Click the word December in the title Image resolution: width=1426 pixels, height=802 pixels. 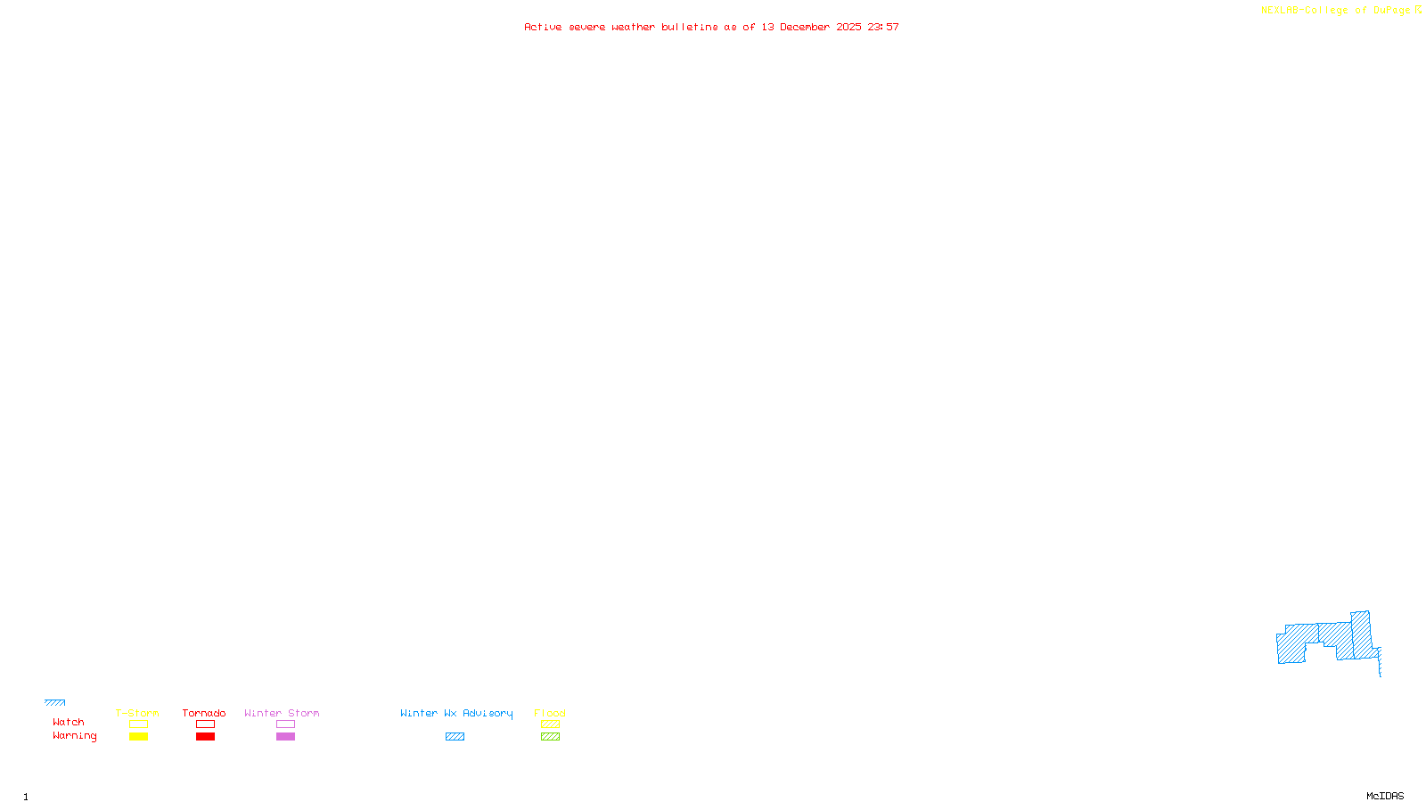click(x=805, y=28)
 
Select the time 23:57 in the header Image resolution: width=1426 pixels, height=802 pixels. click(x=883, y=28)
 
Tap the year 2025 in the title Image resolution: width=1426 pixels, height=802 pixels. click(x=848, y=28)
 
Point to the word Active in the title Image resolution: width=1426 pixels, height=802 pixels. click(x=543, y=28)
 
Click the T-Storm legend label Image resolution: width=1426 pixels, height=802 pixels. click(x=137, y=713)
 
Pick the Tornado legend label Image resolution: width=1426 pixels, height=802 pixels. click(x=204, y=713)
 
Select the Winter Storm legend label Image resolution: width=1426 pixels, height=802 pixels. click(x=282, y=713)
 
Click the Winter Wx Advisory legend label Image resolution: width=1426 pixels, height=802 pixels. click(x=456, y=713)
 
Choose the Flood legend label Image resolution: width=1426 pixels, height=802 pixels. click(x=550, y=713)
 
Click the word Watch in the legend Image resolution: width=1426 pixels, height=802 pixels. click(x=69, y=723)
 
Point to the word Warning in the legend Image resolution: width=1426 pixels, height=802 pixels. click(x=75, y=736)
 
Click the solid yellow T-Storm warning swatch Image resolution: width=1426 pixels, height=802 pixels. click(x=138, y=737)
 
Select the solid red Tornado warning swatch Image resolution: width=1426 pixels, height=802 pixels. click(x=205, y=737)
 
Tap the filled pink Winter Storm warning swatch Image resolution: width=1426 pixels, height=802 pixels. click(x=285, y=737)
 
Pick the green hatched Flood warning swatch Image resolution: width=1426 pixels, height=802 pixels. click(x=550, y=737)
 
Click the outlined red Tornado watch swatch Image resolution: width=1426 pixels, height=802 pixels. click(x=205, y=724)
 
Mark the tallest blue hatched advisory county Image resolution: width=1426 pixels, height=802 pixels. click(x=1361, y=634)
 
